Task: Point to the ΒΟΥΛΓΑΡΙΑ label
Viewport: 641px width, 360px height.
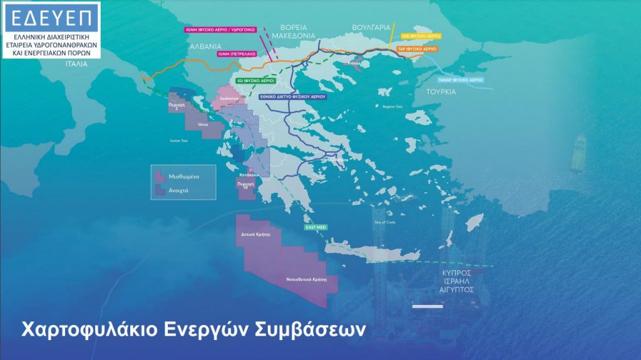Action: [371, 28]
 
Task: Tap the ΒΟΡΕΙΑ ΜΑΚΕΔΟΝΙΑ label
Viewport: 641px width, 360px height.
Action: [306, 32]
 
